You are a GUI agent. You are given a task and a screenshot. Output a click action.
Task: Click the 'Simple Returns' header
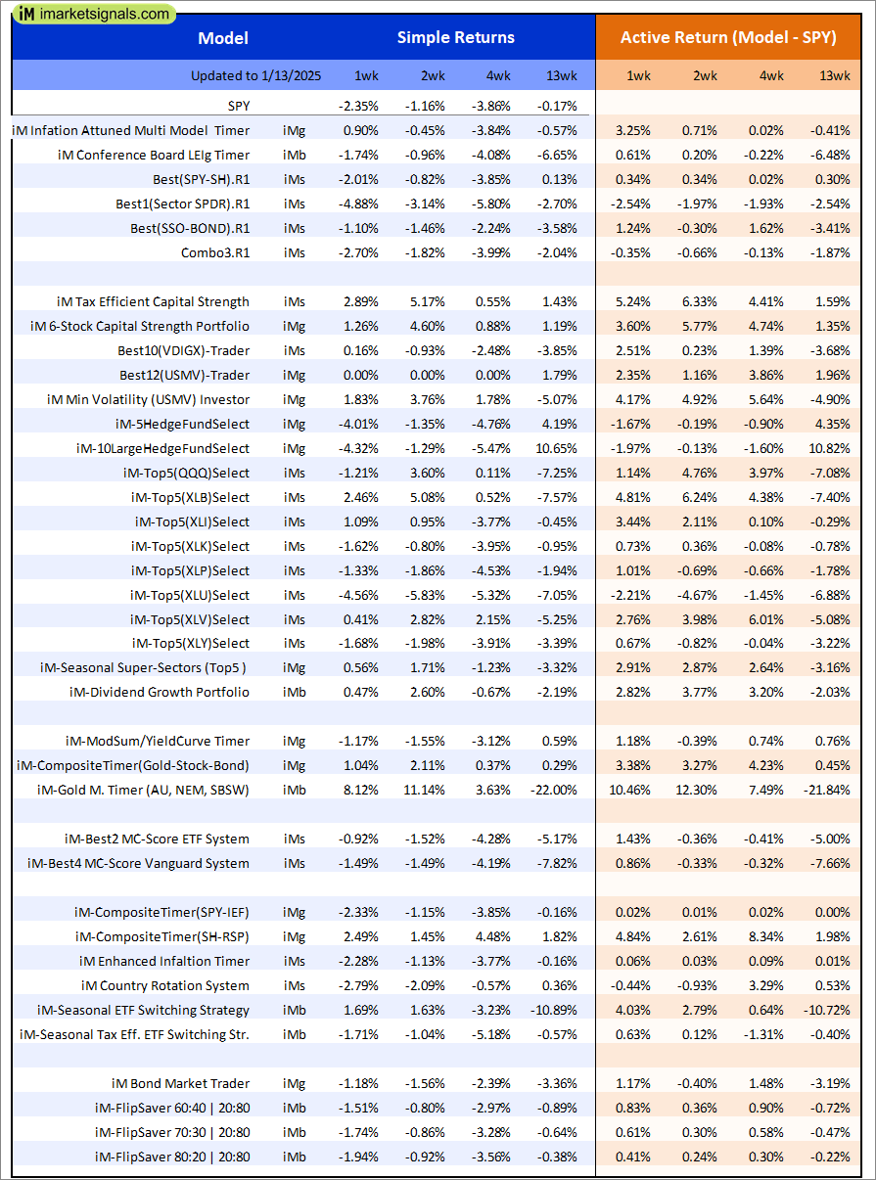tap(455, 38)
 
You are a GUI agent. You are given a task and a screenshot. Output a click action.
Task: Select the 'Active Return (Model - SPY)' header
tap(728, 38)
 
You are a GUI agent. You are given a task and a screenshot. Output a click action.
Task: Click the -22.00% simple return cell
tap(554, 790)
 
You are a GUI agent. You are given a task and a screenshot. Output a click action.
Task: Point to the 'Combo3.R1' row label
tap(215, 252)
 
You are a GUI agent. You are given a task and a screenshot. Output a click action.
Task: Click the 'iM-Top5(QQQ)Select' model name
tap(186, 473)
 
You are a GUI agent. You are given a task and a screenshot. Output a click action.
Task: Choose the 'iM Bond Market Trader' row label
tap(180, 1083)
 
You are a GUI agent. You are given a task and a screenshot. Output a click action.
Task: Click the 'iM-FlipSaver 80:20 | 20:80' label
tap(172, 1157)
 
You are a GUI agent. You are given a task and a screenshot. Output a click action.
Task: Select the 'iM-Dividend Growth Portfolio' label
tap(160, 692)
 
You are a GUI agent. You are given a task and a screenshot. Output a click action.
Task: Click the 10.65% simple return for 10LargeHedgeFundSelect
tap(555, 448)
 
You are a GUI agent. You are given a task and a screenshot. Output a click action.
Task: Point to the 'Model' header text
tap(223, 38)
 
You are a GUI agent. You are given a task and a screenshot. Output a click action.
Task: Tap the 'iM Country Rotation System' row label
tap(165, 985)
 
